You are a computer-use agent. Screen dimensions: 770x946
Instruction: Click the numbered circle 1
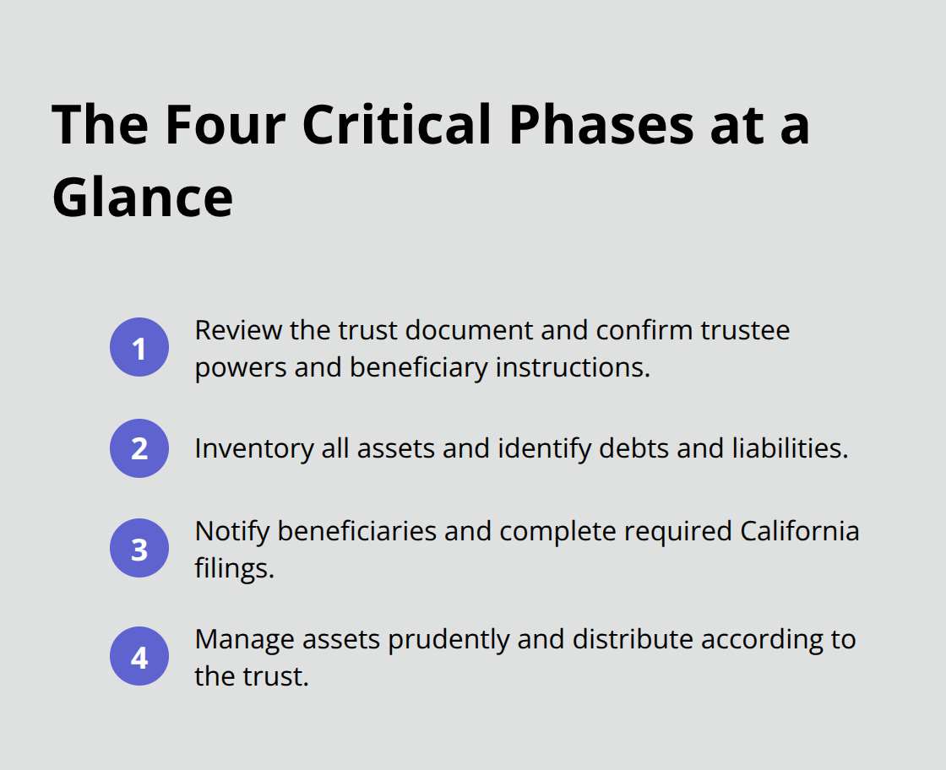click(139, 347)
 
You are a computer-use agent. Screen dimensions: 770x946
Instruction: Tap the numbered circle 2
click(139, 448)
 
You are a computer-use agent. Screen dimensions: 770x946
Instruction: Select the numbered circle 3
click(139, 549)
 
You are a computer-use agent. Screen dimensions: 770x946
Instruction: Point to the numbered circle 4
click(139, 656)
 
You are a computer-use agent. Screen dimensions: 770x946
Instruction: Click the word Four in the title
click(224, 124)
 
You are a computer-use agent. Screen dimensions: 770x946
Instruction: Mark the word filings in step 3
click(234, 569)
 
